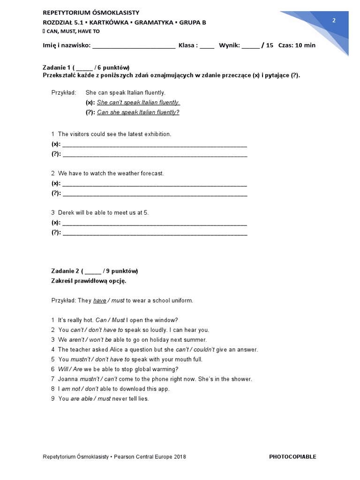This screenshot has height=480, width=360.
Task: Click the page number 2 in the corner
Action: click(334, 20)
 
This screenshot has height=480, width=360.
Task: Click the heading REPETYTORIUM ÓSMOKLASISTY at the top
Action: click(90, 13)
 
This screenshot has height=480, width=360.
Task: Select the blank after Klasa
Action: click(207, 46)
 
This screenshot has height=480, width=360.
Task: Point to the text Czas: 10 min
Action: click(297, 45)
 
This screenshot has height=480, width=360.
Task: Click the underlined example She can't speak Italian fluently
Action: click(138, 103)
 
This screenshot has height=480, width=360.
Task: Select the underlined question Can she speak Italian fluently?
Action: click(138, 112)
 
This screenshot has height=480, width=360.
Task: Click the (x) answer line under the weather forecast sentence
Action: click(154, 183)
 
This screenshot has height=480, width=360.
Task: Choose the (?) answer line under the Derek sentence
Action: click(154, 232)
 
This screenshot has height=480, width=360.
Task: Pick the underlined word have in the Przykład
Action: click(100, 300)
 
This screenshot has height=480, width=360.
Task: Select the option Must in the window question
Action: click(119, 320)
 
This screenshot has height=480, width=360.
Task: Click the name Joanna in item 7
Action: click(68, 379)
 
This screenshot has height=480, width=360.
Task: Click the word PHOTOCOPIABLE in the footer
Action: click(292, 457)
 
